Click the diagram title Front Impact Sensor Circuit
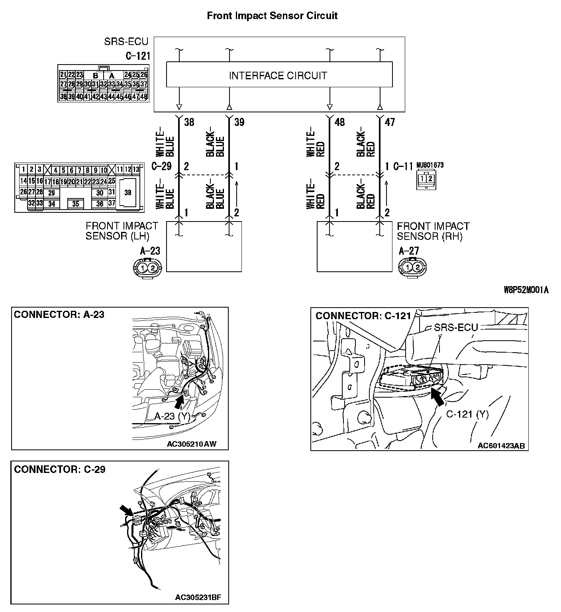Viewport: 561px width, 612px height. [x=272, y=16]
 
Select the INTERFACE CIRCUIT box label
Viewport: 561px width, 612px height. [x=278, y=76]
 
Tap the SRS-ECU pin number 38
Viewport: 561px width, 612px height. [x=189, y=122]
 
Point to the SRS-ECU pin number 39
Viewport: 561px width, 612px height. [x=239, y=122]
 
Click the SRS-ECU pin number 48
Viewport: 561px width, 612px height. [x=339, y=122]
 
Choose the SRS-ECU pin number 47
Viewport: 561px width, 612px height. [x=390, y=122]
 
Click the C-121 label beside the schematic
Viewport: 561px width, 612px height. [x=137, y=56]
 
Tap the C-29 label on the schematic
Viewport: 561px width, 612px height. [x=161, y=166]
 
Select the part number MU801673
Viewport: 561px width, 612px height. [x=430, y=165]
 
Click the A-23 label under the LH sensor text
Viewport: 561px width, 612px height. [x=150, y=251]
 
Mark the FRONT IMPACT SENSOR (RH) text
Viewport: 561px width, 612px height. [x=433, y=231]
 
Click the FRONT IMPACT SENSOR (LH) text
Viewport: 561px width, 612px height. [x=122, y=231]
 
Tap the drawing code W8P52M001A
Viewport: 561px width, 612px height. [x=526, y=290]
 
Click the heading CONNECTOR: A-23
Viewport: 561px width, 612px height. [x=59, y=315]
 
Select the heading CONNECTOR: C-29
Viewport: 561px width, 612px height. [x=59, y=469]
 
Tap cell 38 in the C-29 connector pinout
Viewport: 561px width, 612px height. [x=127, y=192]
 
